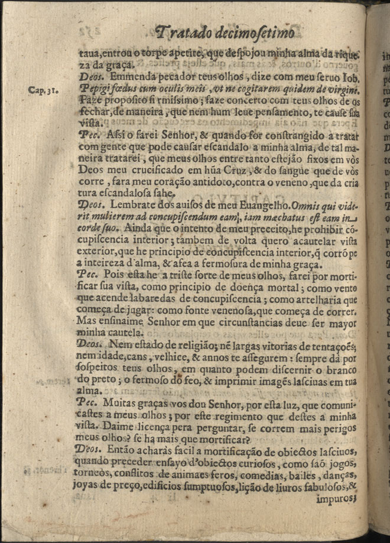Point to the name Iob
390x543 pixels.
[350, 77]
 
